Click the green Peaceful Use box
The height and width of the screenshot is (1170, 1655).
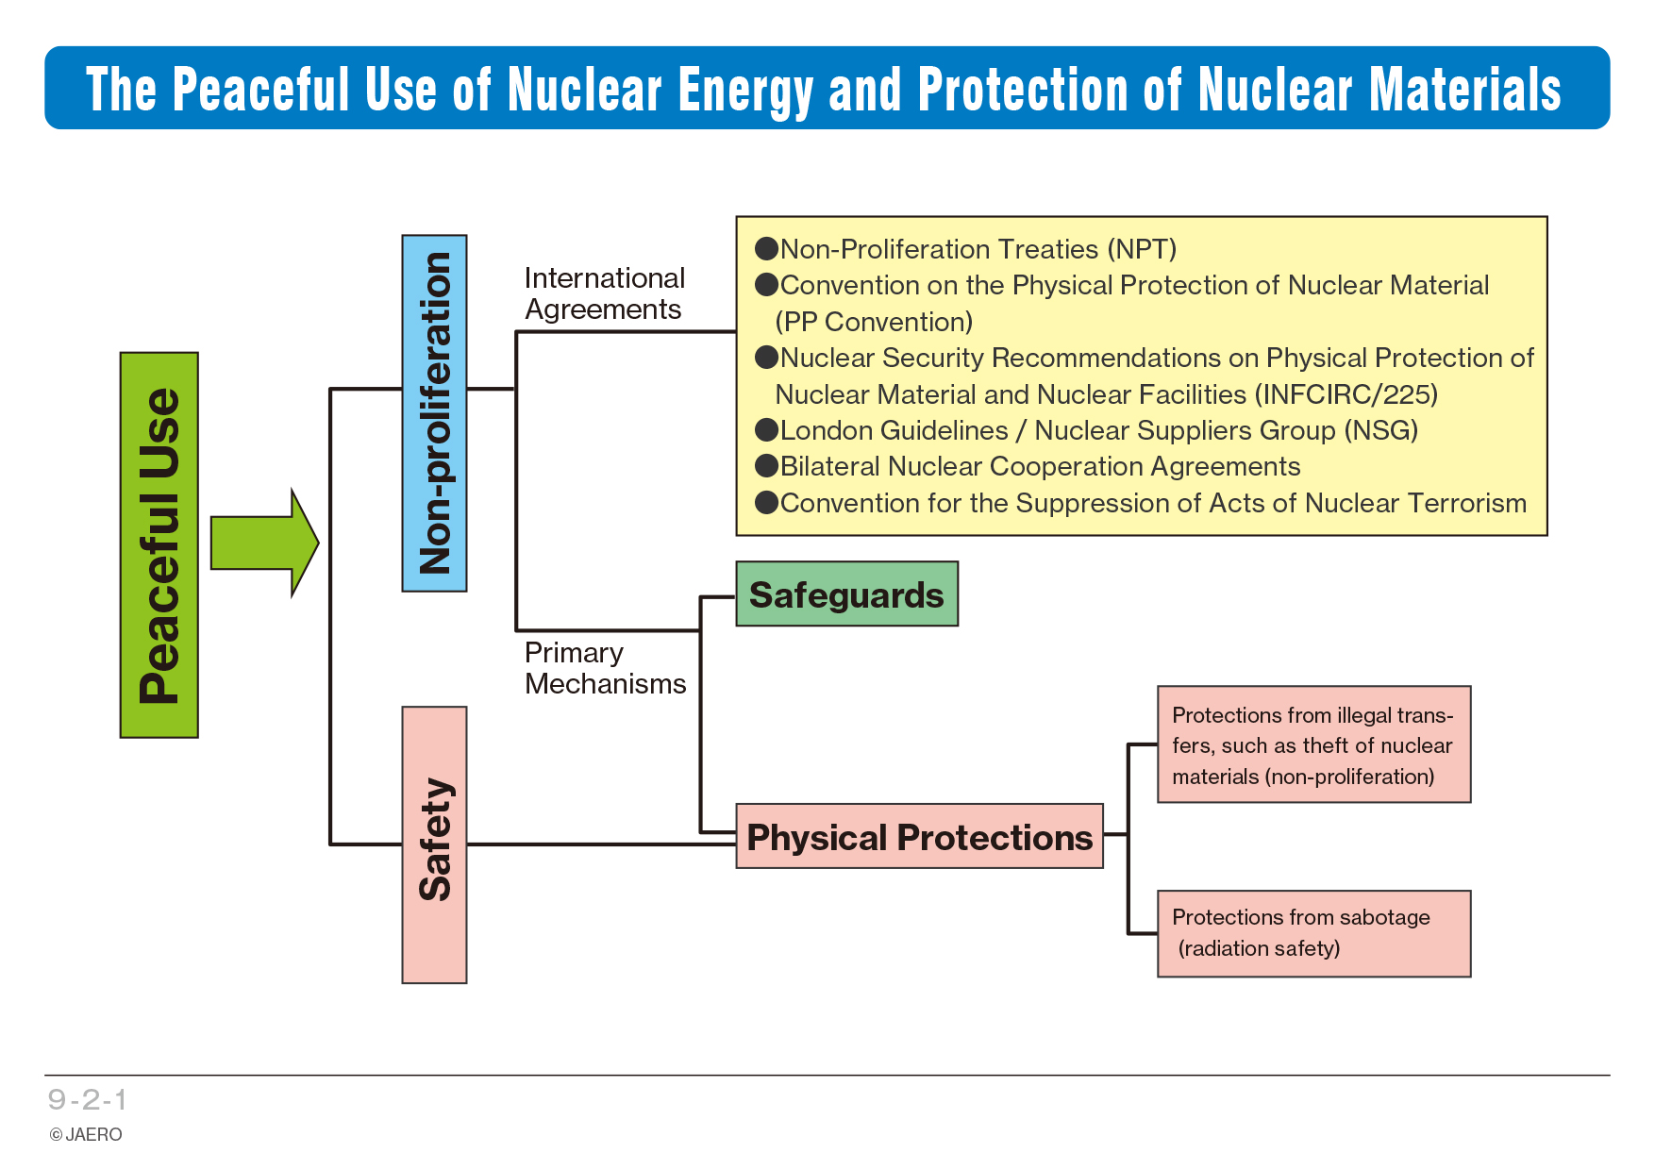159,544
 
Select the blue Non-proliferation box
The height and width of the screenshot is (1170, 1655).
434,413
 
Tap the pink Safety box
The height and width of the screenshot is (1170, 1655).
434,844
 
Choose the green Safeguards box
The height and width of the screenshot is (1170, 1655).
846,594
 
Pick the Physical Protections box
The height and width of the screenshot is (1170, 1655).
919,837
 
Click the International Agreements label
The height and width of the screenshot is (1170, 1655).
604,293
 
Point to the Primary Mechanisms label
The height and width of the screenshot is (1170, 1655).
605,668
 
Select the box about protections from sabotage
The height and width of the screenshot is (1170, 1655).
1313,933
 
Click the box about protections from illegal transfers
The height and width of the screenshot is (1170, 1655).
1313,744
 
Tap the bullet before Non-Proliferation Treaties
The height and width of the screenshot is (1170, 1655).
766,248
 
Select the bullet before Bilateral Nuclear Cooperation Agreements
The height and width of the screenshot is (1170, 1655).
766,466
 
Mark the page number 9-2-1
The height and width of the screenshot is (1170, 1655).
88,1099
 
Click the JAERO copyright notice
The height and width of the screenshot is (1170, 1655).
86,1134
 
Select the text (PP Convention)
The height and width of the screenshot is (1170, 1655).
874,322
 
